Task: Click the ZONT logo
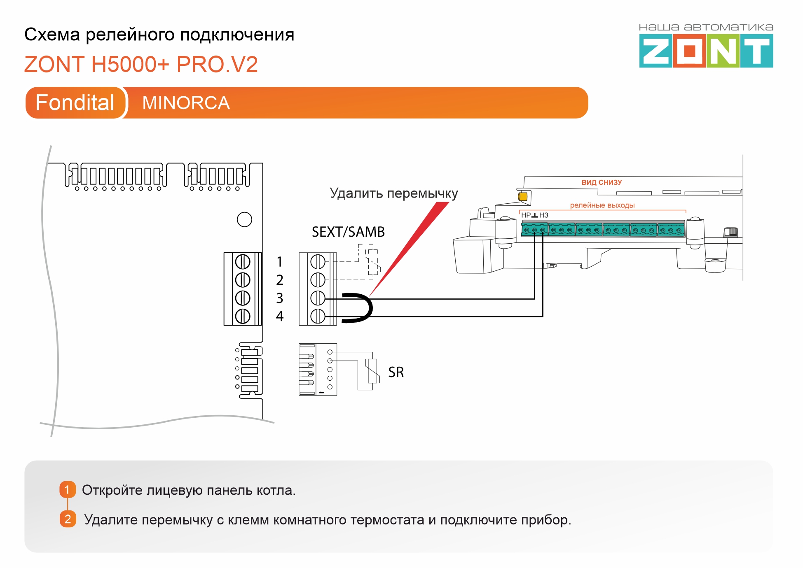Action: pos(706,51)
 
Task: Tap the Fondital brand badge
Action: pos(75,103)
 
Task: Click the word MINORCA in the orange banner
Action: pos(186,103)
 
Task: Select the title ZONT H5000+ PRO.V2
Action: pos(141,65)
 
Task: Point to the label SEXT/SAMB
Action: pos(348,232)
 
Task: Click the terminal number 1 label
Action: pos(280,262)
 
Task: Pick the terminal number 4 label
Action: pos(280,316)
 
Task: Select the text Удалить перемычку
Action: pos(393,193)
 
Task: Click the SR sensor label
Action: pos(396,372)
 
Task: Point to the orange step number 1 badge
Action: pos(68,490)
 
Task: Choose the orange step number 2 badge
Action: pos(68,519)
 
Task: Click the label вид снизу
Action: pos(602,182)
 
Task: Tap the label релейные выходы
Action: pos(602,205)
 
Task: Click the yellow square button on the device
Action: pos(523,196)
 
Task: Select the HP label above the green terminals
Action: pos(526,215)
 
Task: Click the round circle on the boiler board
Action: pos(244,219)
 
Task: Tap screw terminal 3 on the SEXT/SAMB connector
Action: pos(318,298)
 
